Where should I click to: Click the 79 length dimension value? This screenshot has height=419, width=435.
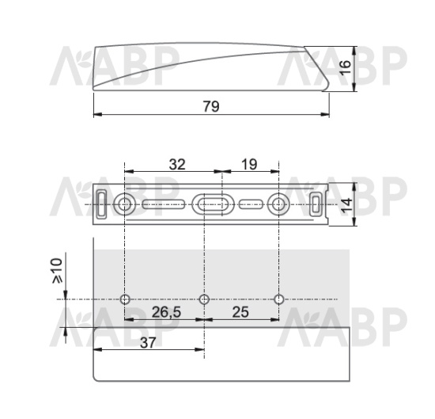[x=211, y=106]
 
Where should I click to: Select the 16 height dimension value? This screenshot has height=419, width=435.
[x=346, y=67]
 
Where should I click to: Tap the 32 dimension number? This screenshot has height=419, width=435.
[x=177, y=165]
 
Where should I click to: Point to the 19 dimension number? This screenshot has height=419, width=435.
[x=249, y=164]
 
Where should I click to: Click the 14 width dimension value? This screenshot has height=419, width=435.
[x=346, y=206]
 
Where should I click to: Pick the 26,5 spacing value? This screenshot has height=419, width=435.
[x=166, y=312]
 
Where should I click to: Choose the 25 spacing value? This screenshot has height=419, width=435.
[x=240, y=312]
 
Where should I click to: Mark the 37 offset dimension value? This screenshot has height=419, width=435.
[x=148, y=343]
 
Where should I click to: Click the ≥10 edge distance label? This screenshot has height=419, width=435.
[x=57, y=271]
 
